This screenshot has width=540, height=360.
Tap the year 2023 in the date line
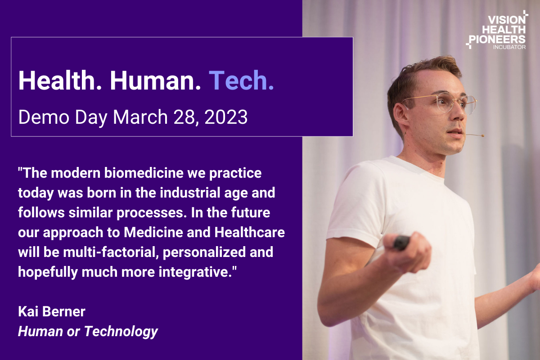click(226, 117)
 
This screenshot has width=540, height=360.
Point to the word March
click(140, 117)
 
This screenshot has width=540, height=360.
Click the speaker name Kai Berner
click(52, 311)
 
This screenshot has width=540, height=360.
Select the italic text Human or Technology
click(88, 331)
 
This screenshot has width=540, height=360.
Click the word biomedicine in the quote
click(144, 173)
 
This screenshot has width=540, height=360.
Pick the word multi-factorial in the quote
click(111, 252)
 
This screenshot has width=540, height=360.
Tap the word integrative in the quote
click(195, 272)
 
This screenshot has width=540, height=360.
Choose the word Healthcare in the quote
click(249, 232)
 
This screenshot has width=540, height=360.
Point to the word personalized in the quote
click(204, 252)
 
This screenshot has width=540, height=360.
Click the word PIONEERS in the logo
click(497, 39)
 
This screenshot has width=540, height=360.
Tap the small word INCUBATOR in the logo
click(509, 47)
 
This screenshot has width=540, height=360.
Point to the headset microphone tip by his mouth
click(482, 136)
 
